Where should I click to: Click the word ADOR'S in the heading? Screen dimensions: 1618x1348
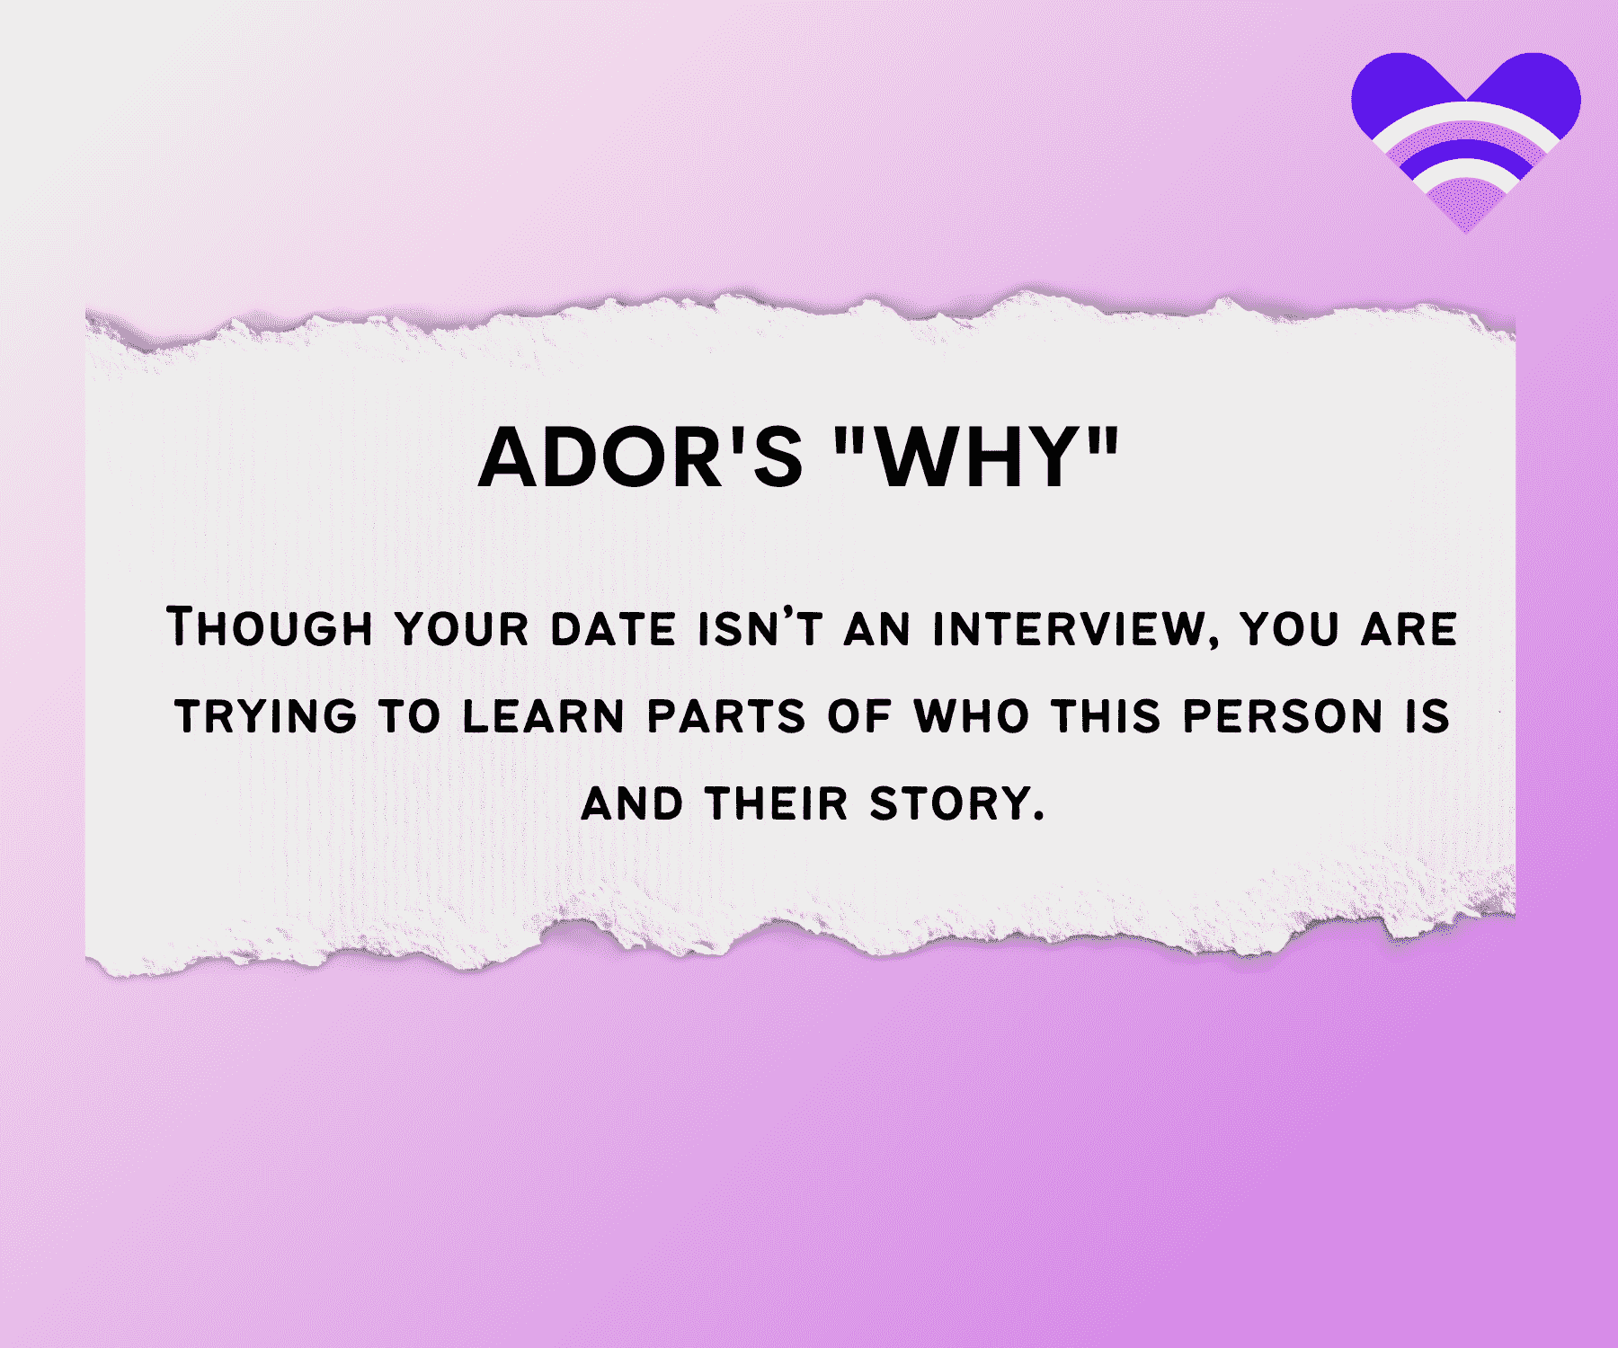pos(640,457)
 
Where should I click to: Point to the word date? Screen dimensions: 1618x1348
pos(612,628)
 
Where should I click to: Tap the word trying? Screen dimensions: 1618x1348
pos(266,716)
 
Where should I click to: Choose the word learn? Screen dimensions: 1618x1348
pos(543,716)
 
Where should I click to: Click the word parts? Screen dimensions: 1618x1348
pos(726,716)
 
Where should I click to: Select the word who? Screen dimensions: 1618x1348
pos(971,716)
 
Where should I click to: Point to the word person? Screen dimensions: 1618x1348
pos(1283,716)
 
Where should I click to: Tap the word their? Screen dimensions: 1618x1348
pos(777,803)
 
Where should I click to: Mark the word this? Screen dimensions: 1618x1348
pos(1107,716)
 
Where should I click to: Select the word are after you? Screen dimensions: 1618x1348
pos(1409,628)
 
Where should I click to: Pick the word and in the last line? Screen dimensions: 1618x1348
pos(632,803)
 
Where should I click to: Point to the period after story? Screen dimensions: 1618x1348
pos(1039,817)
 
